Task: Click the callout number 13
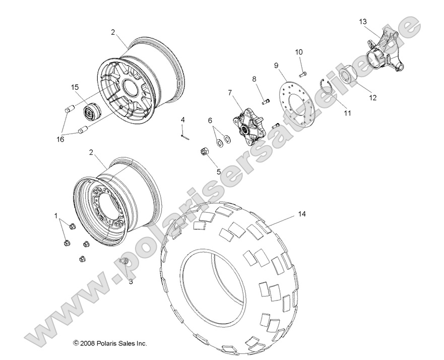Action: (x=363, y=22)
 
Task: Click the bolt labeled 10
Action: (x=302, y=75)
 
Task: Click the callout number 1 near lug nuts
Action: (x=56, y=215)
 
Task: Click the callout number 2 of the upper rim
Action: (x=113, y=32)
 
